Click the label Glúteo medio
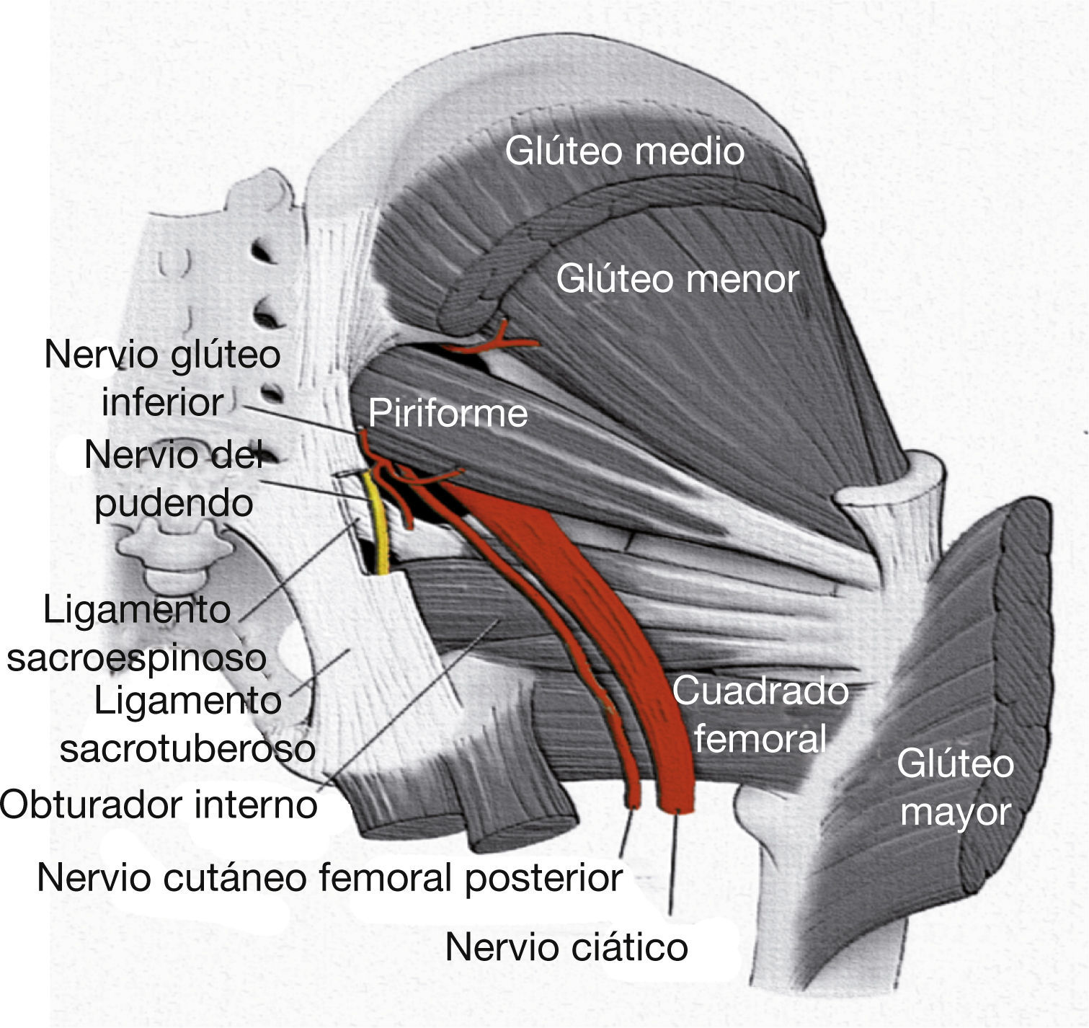(x=624, y=151)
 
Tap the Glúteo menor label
(x=677, y=278)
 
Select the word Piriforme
(x=448, y=413)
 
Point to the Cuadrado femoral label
(x=760, y=714)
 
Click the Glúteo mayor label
(x=955, y=787)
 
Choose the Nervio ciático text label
(x=566, y=946)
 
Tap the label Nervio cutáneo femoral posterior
(x=329, y=877)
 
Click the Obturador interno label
(x=159, y=803)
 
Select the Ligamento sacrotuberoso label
(x=187, y=725)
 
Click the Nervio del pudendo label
(x=173, y=478)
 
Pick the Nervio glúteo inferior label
(x=162, y=378)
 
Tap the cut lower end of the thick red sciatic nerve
(x=676, y=804)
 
